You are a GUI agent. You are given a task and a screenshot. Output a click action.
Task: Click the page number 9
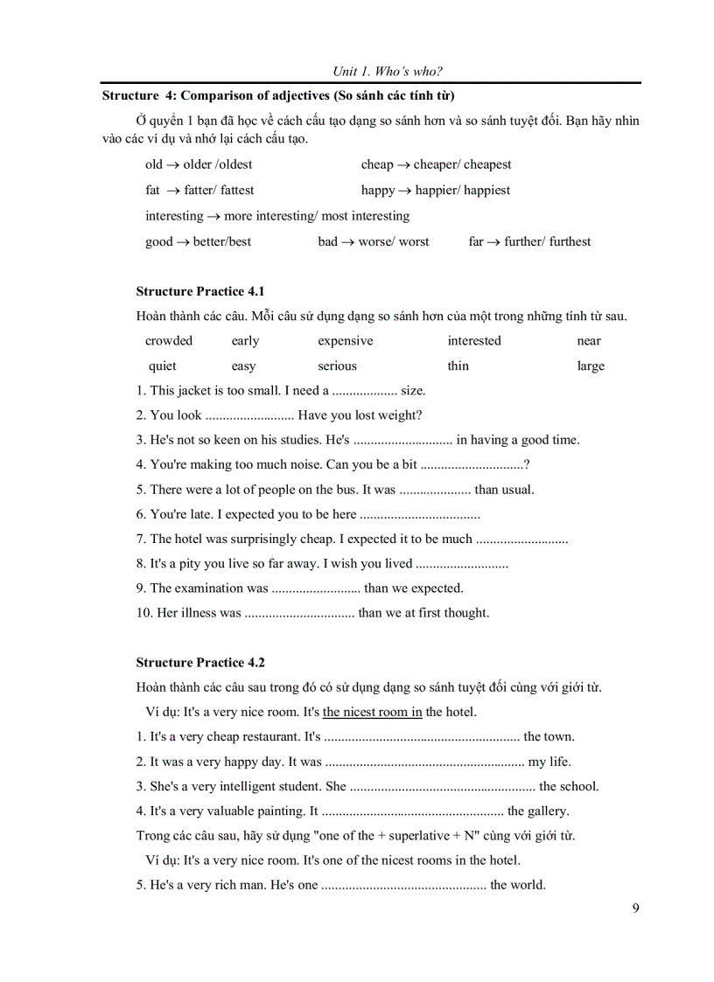(635, 908)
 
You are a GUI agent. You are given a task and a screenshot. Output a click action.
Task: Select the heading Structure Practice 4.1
(200, 291)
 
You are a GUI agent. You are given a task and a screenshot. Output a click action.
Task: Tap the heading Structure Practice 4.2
(200, 662)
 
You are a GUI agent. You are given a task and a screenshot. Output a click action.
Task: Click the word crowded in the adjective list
(169, 341)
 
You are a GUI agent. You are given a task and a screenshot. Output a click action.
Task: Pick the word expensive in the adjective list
(345, 341)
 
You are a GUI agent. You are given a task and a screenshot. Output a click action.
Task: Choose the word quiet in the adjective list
(162, 366)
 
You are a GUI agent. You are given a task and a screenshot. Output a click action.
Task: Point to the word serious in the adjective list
(337, 366)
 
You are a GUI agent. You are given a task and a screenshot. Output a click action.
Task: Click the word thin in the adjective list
(458, 366)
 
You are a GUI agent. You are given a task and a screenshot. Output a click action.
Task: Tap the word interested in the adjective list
(474, 341)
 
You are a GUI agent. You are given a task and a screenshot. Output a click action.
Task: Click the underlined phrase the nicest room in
(373, 712)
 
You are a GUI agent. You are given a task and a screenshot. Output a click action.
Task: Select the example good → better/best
(198, 241)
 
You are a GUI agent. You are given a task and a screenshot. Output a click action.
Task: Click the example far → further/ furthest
(529, 241)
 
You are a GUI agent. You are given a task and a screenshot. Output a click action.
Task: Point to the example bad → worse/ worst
(374, 241)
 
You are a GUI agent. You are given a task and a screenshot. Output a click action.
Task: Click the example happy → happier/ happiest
(436, 190)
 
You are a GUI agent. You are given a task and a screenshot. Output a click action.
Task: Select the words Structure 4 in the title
(136, 95)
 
